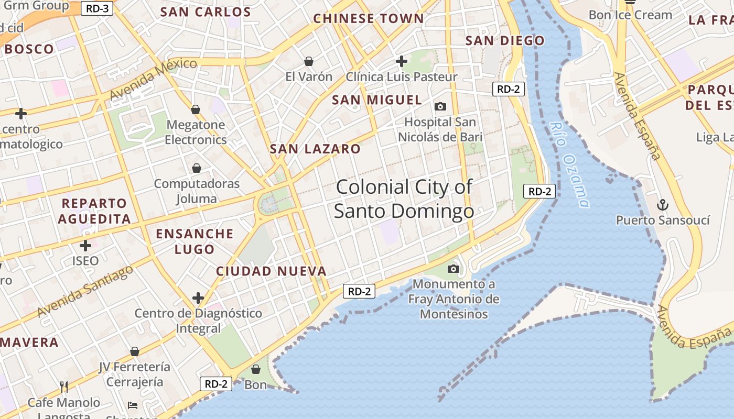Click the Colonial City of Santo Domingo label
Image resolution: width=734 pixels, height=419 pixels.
[404, 199]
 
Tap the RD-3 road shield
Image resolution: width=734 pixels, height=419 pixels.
[97, 8]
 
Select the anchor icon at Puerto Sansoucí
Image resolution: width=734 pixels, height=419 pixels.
[663, 204]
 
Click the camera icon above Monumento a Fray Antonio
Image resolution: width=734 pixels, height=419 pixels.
[454, 269]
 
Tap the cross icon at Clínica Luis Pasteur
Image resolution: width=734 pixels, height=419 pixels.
[402, 61]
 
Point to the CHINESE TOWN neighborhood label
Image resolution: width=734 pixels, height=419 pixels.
[368, 19]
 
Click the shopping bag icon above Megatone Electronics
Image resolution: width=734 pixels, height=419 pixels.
[196, 109]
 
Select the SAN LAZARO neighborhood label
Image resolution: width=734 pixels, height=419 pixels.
[315, 149]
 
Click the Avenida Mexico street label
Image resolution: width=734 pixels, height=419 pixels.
[153, 79]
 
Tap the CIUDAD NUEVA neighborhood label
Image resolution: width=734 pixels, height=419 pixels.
[271, 271]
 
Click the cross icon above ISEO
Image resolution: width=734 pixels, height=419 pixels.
[85, 245]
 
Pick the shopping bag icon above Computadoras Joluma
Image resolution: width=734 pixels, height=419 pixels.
[197, 168]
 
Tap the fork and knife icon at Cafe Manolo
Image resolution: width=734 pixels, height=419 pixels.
[64, 387]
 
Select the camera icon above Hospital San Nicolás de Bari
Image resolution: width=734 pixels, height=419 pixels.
[440, 107]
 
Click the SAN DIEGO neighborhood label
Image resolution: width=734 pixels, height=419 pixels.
[505, 41]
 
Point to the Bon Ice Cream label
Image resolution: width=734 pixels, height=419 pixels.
[630, 15]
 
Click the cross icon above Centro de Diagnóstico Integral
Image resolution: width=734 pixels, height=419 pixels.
[198, 299]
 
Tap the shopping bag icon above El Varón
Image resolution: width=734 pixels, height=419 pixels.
[309, 62]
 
